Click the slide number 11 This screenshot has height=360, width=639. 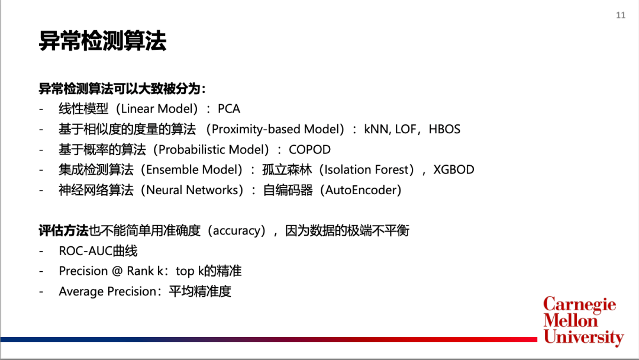(x=620, y=15)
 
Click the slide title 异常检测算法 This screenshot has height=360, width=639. (x=102, y=41)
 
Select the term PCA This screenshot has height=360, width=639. (x=228, y=109)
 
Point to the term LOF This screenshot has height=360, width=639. (x=405, y=129)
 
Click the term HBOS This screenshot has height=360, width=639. (x=444, y=129)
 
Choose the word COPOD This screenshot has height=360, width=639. (x=309, y=150)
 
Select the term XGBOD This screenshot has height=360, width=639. (x=454, y=169)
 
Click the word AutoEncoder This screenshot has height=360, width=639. (x=361, y=190)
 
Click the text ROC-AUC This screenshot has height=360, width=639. (x=86, y=250)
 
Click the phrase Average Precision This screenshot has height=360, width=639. (x=108, y=291)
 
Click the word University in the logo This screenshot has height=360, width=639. (x=583, y=337)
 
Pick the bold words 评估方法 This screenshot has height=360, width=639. (x=63, y=231)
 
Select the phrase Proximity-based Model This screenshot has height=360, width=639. (x=275, y=129)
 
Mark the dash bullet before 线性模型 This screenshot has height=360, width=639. (x=41, y=110)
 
